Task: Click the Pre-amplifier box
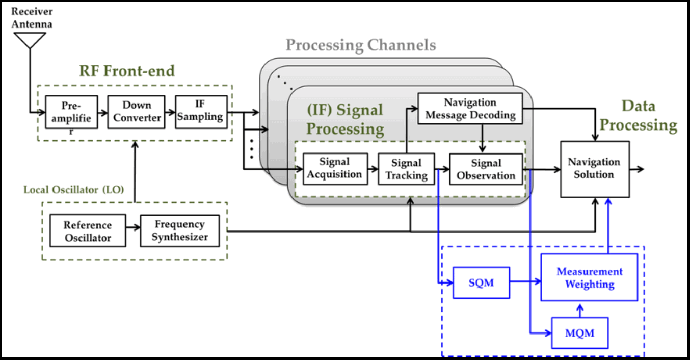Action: [x=71, y=112]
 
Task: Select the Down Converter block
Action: [x=137, y=112]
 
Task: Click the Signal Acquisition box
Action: [x=335, y=168]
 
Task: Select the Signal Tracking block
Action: [x=406, y=169]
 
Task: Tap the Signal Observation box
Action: [x=486, y=169]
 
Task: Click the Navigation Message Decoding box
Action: [x=470, y=109]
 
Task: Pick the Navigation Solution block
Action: [x=594, y=169]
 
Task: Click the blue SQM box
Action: [x=481, y=282]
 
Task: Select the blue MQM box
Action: [x=579, y=333]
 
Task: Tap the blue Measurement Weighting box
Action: [x=589, y=278]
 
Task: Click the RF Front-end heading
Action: [x=127, y=71]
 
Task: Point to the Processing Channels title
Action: [x=360, y=45]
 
